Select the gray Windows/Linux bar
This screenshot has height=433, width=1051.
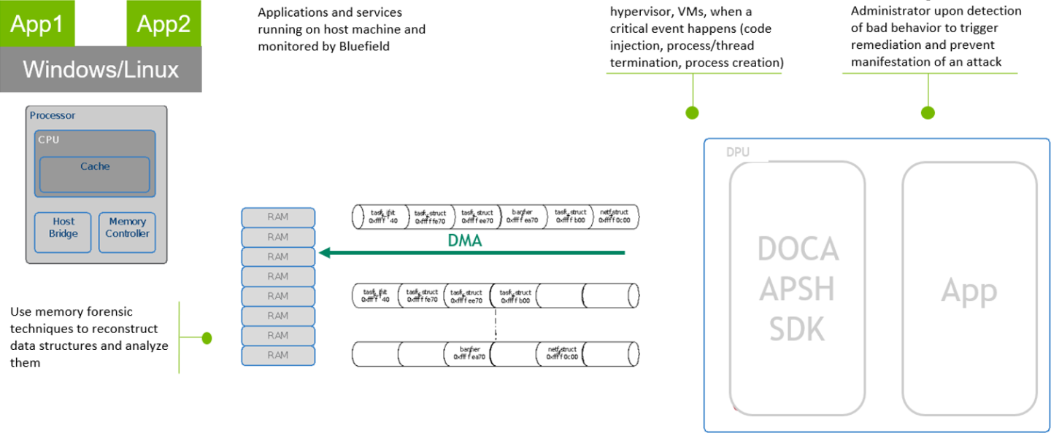[101, 70]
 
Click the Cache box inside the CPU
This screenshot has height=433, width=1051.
[95, 174]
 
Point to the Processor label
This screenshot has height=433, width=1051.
[52, 115]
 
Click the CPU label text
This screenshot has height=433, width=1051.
[49, 139]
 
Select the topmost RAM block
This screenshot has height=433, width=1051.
[278, 217]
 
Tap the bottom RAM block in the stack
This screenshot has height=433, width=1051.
[278, 355]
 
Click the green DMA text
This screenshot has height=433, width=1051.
[465, 241]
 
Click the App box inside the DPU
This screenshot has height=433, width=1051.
[969, 289]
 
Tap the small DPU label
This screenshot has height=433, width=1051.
[739, 152]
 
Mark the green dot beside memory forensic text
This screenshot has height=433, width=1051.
[207, 338]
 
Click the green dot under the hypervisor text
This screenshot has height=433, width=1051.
[692, 112]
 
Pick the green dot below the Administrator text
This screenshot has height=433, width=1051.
[928, 112]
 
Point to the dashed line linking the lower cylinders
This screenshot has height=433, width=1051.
[496, 323]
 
